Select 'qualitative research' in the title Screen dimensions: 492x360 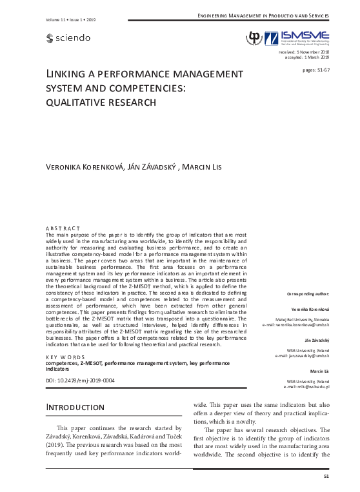pyautogui.click(x=101, y=101)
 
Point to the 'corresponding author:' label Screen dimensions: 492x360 pyautogui.click(x=308, y=293)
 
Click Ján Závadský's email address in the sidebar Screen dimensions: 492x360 pyautogui.click(x=302, y=355)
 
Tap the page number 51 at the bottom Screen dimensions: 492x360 pyautogui.click(x=326, y=476)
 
